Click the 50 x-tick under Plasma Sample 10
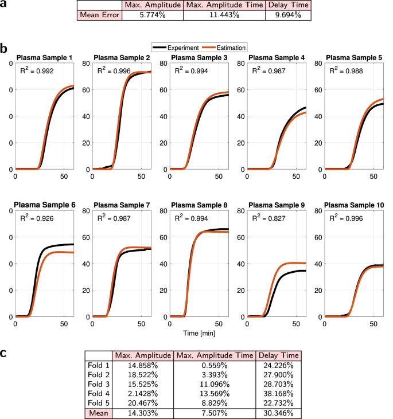373,324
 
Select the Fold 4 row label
99,393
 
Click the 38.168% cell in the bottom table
280,393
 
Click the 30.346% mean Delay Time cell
280,413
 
